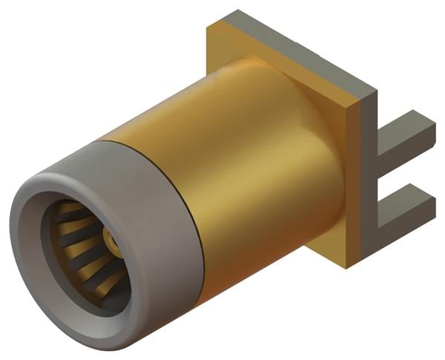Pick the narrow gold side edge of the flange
[x=353, y=186]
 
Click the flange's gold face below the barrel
[x=326, y=245]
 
